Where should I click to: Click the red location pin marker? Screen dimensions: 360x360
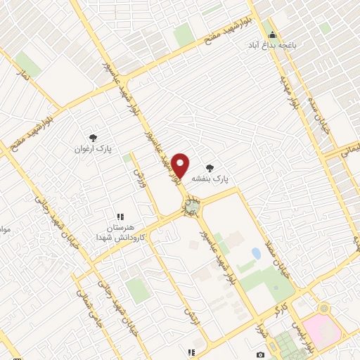[181, 164]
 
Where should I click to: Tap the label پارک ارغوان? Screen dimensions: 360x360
[94, 149]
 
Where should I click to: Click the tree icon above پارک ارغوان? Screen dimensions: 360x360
[93, 138]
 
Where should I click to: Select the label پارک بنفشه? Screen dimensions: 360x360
[218, 179]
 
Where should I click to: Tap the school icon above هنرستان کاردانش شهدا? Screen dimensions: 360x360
[120, 217]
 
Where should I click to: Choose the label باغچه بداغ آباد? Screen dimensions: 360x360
[271, 44]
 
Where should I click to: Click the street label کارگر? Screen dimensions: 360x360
[281, 304]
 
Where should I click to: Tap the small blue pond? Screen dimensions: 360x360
[255, 253]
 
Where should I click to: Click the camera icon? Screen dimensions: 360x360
[261, 354]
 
